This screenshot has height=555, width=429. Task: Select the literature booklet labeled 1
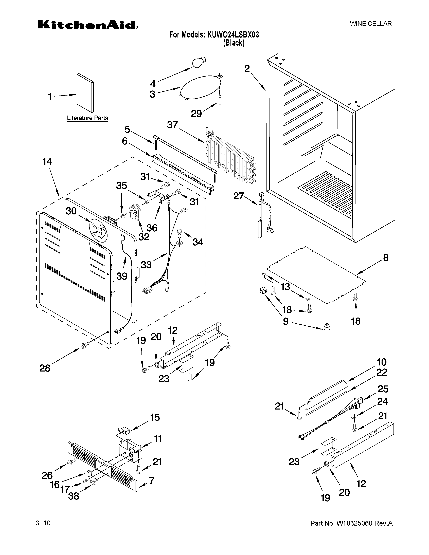point(85,93)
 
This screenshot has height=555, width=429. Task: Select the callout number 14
point(47,162)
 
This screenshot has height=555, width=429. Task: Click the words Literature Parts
point(87,118)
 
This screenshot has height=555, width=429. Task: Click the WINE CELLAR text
point(371,24)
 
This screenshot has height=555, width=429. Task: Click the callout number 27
point(239,196)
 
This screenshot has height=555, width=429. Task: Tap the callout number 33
point(146,265)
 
